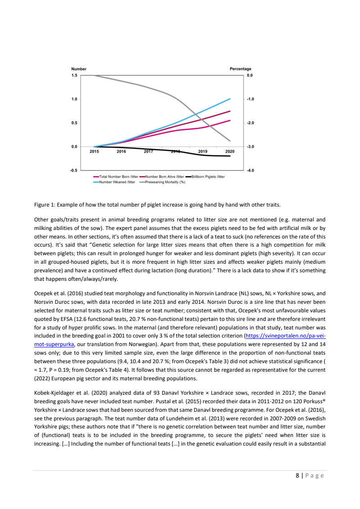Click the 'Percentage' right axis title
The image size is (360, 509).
241,69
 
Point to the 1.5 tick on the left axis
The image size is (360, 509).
74,75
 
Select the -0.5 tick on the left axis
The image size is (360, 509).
74,171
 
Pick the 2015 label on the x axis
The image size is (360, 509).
94,152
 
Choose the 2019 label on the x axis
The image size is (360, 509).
203,152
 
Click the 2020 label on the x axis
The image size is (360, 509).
230,152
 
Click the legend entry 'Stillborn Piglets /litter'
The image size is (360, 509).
207,177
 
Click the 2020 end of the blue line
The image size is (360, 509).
230,99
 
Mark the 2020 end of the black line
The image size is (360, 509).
230,156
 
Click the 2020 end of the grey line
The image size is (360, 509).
230,141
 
